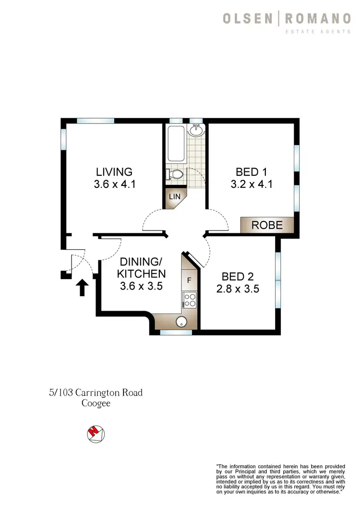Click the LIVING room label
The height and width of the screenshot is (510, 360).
[x=114, y=171]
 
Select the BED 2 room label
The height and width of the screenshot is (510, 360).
[x=240, y=277]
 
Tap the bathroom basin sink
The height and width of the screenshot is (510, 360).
[x=196, y=130]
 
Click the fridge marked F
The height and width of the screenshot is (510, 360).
[x=189, y=279]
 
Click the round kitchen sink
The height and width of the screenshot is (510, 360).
[x=181, y=322]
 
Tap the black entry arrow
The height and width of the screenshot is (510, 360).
[x=82, y=288]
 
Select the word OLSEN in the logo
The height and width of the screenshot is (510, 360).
[x=248, y=19]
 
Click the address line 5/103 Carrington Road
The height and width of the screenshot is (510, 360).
[x=96, y=393]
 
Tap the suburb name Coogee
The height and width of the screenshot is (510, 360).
[x=96, y=403]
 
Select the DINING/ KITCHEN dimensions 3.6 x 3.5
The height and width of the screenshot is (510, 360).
[x=143, y=287]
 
